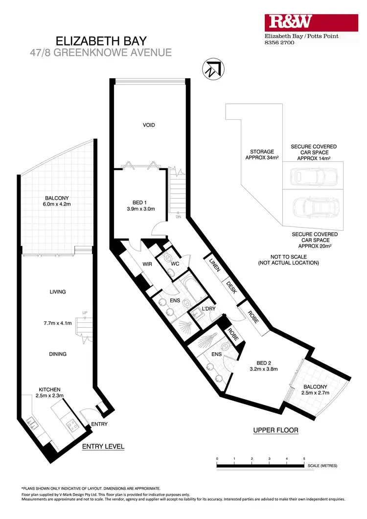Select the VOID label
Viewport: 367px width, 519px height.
[149, 125]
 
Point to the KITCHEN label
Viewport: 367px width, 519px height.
[49, 389]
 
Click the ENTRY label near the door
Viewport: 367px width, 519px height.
[99, 424]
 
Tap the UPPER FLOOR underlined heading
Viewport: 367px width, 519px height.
[275, 430]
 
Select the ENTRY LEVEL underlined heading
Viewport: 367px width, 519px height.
[103, 446]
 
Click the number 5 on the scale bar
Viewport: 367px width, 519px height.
[304, 458]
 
